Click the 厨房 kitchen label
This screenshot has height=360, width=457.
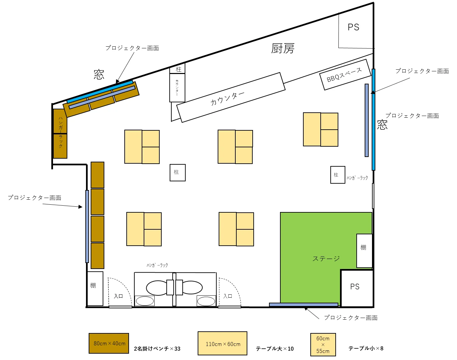283,49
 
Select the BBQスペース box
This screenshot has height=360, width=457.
345,75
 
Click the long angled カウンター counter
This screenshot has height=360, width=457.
231,97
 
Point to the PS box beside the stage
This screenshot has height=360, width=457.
357,288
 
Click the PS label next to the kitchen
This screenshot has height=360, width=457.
353,27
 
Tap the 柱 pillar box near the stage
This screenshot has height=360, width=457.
338,175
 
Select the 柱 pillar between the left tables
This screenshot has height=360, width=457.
178,172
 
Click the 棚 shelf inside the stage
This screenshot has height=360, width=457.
364,251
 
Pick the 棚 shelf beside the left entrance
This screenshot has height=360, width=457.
95,288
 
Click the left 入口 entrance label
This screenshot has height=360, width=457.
118,296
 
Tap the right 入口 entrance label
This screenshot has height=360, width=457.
228,296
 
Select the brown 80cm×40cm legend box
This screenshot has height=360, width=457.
109,343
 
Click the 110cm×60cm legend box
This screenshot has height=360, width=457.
222,343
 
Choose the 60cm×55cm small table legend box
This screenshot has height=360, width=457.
323,344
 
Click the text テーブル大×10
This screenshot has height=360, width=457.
275,349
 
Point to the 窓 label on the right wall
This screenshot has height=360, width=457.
382,125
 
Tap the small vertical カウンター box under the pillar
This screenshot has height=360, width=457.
177,88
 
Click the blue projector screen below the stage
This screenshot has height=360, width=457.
303,305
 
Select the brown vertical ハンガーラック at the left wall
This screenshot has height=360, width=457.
60,134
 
